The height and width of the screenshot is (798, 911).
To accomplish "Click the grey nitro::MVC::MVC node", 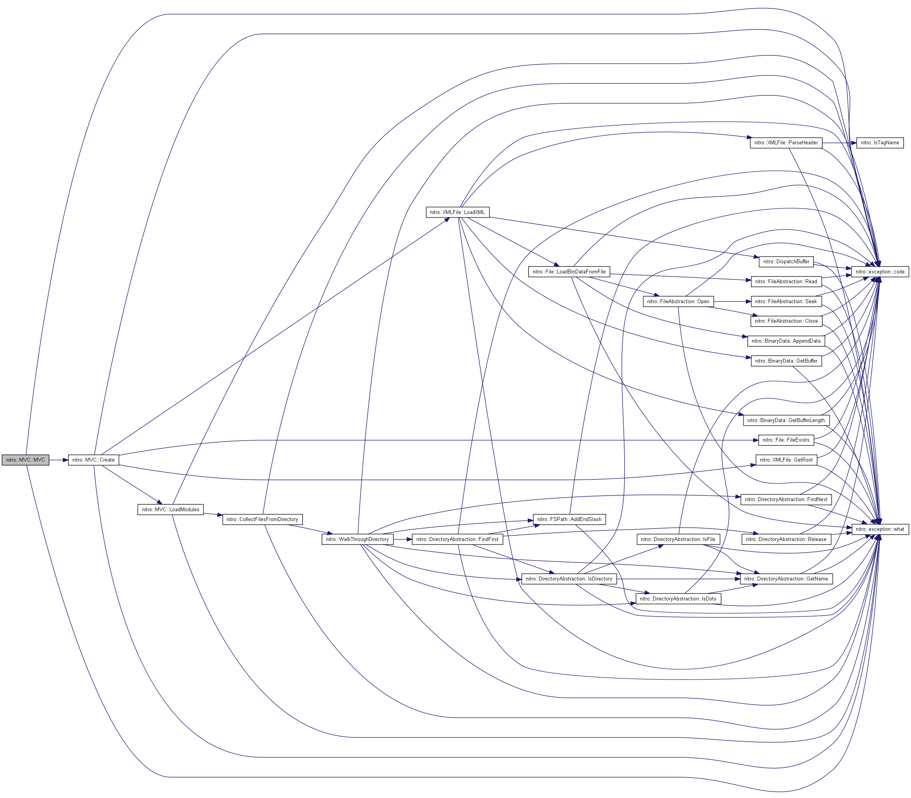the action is click(25, 460).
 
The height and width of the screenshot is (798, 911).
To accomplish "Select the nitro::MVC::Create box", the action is click(94, 460).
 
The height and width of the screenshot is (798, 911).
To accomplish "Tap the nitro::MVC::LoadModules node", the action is click(171, 509).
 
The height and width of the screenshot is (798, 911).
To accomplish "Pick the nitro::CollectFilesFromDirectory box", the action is click(263, 519).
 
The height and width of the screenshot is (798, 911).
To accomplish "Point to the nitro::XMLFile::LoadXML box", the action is click(458, 212).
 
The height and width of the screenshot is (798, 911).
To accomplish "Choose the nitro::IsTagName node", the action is click(880, 143).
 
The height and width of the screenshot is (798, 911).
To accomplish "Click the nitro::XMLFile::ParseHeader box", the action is click(786, 143).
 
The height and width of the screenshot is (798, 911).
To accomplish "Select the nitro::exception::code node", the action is click(880, 271).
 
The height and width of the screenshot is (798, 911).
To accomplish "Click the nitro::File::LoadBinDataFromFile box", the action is click(569, 271).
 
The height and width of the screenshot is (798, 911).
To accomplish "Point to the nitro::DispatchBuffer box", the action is click(786, 261).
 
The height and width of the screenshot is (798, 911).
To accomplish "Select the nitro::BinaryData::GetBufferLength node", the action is click(786, 421).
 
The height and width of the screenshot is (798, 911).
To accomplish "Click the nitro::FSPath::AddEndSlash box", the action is click(569, 519).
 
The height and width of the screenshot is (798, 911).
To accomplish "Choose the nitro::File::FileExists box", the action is click(786, 440).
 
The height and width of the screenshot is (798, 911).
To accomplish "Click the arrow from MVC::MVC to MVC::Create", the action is click(58, 460).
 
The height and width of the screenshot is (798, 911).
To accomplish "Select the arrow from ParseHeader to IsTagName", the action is click(839, 143).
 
